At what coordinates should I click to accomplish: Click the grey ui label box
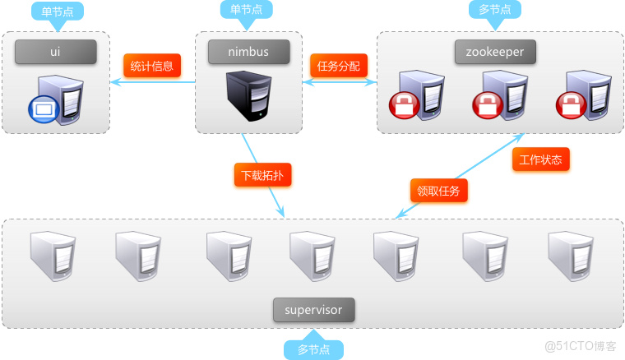[55, 53]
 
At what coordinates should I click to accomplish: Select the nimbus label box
[248, 53]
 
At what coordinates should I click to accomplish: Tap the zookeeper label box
[495, 53]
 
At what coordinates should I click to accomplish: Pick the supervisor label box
[313, 310]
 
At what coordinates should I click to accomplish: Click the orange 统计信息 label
[152, 67]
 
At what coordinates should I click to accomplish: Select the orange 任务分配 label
[339, 67]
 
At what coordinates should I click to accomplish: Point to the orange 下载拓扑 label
[262, 175]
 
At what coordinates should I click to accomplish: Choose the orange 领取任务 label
[439, 191]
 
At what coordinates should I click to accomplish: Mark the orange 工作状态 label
[541, 159]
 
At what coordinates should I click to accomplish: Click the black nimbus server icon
[248, 96]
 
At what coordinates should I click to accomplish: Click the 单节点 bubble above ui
[58, 12]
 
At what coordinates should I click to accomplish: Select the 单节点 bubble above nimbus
[247, 10]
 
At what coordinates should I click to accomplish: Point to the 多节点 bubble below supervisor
[313, 349]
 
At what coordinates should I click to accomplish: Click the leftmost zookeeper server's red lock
[403, 104]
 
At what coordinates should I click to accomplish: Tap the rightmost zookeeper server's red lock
[569, 104]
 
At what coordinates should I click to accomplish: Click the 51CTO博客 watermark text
[581, 346]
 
